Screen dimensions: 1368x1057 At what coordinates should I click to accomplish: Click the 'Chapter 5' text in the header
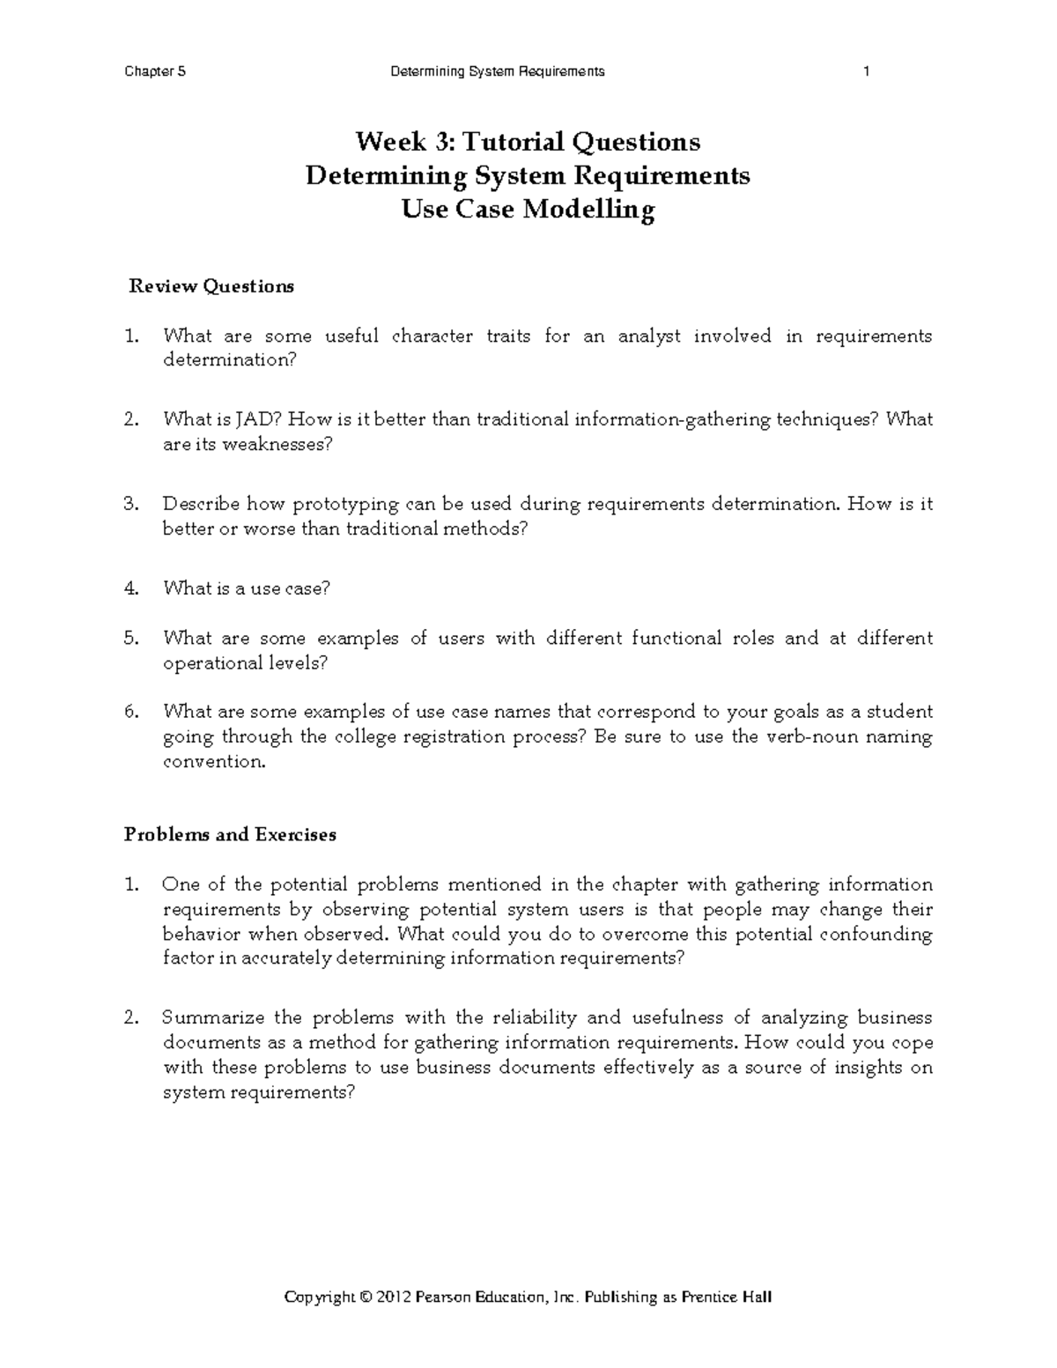(x=155, y=72)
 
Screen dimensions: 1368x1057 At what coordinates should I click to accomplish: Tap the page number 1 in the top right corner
(x=867, y=72)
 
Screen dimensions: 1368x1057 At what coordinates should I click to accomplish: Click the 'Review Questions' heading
(x=211, y=286)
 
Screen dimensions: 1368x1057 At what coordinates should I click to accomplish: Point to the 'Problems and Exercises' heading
(x=230, y=834)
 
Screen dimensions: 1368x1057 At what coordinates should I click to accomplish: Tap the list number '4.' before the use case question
(x=132, y=588)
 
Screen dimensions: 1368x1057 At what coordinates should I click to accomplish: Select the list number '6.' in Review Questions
(x=132, y=712)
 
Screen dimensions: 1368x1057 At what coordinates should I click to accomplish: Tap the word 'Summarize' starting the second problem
(x=212, y=1018)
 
